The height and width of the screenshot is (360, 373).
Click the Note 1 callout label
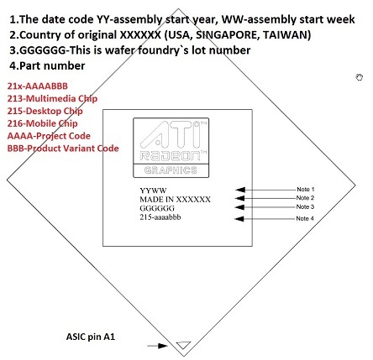306,190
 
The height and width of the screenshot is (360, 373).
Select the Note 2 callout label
305,198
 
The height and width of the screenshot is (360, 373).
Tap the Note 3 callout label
305,207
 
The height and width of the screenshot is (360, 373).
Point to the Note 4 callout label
305,218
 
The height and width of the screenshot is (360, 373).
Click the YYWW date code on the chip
153,190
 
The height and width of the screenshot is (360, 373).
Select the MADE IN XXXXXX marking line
175,200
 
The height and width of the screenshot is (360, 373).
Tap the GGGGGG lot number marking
157,208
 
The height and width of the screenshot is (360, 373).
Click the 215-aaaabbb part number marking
160,217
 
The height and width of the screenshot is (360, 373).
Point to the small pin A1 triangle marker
183,345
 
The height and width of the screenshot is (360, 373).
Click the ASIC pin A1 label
91,337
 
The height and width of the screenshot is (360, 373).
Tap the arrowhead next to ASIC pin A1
163,346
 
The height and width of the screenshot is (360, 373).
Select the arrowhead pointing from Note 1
240,190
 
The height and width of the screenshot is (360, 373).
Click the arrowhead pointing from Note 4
239,219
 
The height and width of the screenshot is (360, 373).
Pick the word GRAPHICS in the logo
171,170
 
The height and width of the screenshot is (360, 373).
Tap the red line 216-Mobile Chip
42,123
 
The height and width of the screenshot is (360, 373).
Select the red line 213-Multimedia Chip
52,98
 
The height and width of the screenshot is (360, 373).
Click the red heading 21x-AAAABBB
38,86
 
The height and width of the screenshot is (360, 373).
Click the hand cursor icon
360,77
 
